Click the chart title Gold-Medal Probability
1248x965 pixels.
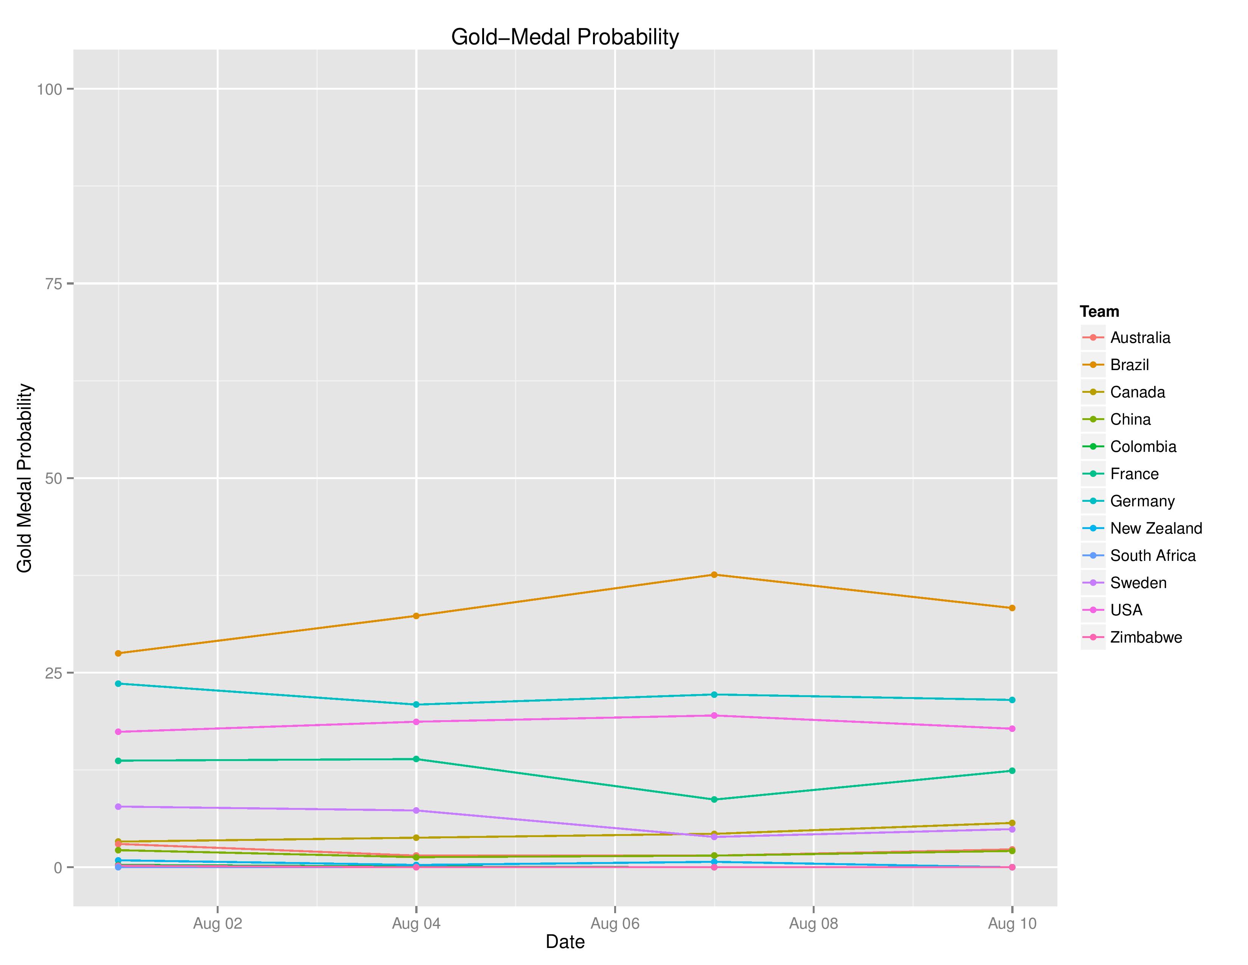(x=565, y=37)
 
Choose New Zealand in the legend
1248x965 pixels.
(x=1155, y=528)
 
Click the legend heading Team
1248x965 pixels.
(x=1099, y=311)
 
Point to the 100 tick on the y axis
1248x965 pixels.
(x=49, y=89)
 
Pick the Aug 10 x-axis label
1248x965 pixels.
(x=1011, y=924)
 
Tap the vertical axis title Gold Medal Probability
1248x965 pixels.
(x=25, y=478)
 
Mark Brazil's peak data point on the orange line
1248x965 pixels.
(x=714, y=574)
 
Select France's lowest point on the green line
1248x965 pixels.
(x=714, y=799)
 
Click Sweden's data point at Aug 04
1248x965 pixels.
(x=416, y=811)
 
